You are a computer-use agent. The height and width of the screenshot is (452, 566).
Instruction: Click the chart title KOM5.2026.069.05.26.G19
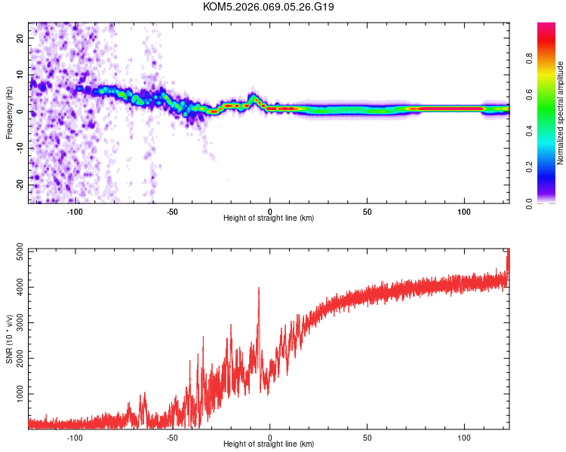(x=269, y=7)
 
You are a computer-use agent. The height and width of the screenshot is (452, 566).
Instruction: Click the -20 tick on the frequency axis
(x=19, y=185)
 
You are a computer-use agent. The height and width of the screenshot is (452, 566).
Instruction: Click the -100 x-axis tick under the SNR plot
(x=75, y=437)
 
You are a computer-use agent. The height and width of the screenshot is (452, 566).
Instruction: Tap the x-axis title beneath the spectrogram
(x=269, y=218)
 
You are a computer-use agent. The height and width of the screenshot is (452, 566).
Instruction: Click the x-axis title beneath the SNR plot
(x=269, y=444)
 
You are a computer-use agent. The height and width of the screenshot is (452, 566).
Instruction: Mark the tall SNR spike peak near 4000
(x=259, y=288)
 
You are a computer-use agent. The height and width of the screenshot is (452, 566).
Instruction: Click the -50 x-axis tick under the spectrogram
(x=172, y=211)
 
